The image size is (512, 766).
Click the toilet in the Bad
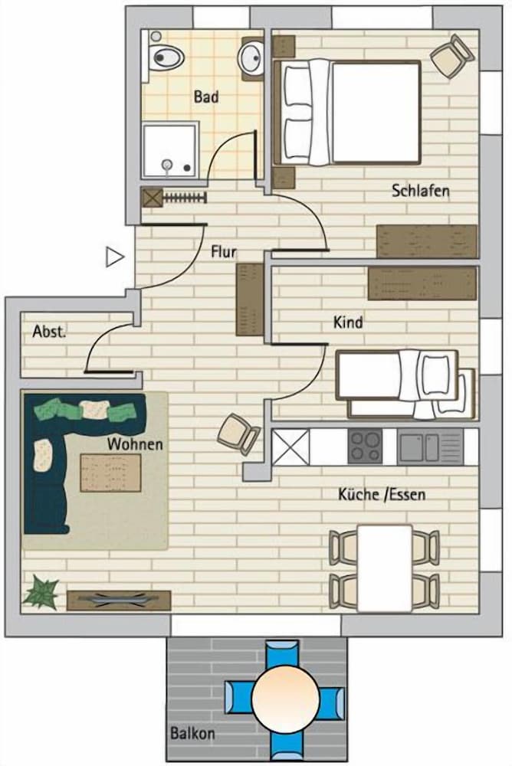[164, 57]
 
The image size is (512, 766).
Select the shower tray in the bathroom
[170, 151]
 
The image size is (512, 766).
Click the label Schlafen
[421, 191]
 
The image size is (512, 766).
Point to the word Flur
[224, 251]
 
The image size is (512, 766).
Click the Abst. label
[49, 332]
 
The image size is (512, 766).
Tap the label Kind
[348, 322]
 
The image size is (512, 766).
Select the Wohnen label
[135, 444]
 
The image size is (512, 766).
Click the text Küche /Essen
[382, 494]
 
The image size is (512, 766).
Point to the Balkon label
[192, 733]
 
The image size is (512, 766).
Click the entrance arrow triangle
[114, 257]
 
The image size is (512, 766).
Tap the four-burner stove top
[366, 447]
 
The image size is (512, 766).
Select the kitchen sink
[430, 447]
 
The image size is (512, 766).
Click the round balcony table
[286, 698]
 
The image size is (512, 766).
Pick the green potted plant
[40, 591]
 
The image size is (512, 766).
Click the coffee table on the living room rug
[110, 473]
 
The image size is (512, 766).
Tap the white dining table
[384, 568]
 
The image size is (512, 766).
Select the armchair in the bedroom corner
[453, 56]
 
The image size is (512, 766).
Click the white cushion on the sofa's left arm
[43, 455]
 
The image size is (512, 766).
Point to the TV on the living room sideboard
[118, 599]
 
